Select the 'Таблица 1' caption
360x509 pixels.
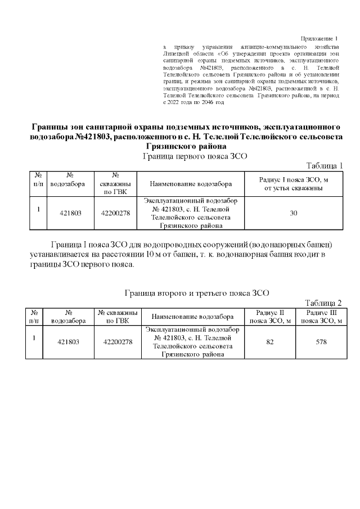coord(324,165)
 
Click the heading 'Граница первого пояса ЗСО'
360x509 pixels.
coord(195,156)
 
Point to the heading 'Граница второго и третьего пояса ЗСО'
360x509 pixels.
coord(196,292)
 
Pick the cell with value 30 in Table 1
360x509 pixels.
coord(293,213)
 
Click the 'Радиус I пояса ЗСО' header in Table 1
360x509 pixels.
coord(293,183)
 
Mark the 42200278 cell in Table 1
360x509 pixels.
coord(115,213)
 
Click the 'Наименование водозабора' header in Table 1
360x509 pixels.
coord(191,184)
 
